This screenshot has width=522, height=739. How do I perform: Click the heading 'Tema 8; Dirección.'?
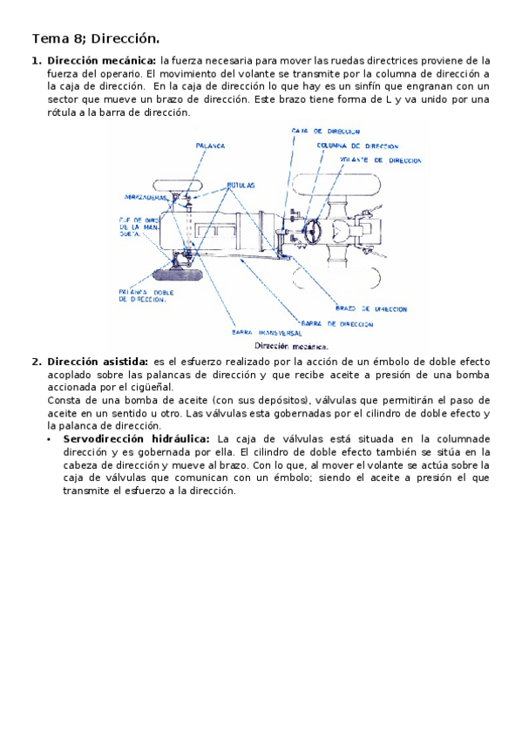tap(96, 38)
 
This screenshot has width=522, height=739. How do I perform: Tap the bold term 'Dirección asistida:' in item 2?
tap(98, 362)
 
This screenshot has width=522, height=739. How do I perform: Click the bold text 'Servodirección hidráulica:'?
tap(136, 439)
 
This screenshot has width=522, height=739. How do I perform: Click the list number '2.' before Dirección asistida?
tap(37, 362)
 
